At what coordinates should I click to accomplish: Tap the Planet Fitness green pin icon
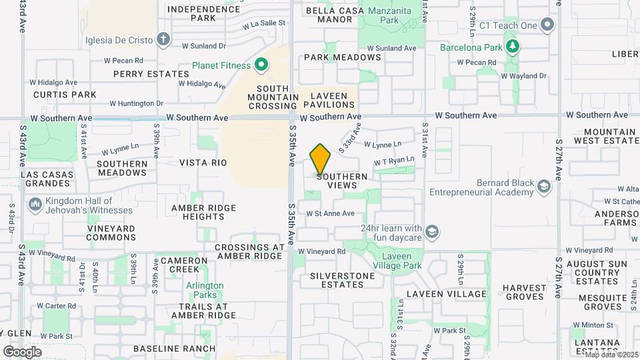(x=262, y=65)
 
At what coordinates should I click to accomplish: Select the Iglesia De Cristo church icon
(x=163, y=39)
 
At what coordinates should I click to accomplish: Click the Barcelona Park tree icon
(x=512, y=47)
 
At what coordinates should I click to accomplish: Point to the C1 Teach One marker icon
(x=548, y=25)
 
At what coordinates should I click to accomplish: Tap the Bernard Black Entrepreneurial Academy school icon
(x=544, y=187)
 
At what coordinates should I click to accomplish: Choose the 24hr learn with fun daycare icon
(x=432, y=232)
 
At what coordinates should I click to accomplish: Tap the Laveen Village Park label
(x=401, y=261)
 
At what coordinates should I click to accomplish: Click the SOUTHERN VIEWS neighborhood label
(x=342, y=181)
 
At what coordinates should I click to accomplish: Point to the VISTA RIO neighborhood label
(x=203, y=163)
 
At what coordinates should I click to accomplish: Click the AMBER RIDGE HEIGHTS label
(x=203, y=212)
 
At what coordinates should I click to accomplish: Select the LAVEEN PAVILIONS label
(x=329, y=100)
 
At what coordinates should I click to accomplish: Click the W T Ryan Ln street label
(x=394, y=161)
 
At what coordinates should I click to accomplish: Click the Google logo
(x=22, y=351)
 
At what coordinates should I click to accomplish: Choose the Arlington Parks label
(x=205, y=290)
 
